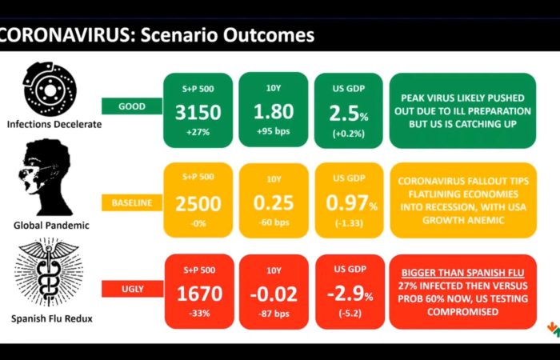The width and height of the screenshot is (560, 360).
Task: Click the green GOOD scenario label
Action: click(x=132, y=106)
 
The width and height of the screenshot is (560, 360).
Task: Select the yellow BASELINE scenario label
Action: click(x=132, y=202)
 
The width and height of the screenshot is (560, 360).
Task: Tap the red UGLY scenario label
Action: click(x=133, y=289)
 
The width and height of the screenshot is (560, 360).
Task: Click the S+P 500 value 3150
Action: click(x=198, y=112)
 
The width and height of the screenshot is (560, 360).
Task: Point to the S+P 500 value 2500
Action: click(x=198, y=203)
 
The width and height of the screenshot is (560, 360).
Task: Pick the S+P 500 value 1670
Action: click(x=199, y=294)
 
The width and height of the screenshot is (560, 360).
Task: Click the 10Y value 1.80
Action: click(x=274, y=111)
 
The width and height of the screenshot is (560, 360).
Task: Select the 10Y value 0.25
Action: click(x=274, y=202)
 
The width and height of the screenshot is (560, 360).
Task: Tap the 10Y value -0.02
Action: click(x=274, y=294)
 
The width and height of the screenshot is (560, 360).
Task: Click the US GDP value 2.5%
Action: click(x=349, y=114)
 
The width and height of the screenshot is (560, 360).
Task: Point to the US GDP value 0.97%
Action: click(x=351, y=203)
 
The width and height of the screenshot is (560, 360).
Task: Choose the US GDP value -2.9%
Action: click(x=350, y=294)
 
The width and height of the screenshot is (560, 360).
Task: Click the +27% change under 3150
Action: click(x=198, y=132)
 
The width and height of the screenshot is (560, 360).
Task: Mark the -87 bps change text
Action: click(x=274, y=314)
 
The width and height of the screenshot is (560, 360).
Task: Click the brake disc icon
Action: click(x=50, y=89)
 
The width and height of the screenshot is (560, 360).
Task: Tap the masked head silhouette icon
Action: click(x=48, y=178)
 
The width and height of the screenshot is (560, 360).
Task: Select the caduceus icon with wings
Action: click(x=48, y=272)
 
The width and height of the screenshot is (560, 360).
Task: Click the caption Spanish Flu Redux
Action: click(x=52, y=318)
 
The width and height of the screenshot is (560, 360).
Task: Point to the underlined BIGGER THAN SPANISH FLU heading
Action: click(x=463, y=273)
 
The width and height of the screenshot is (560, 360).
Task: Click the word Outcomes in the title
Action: click(x=269, y=35)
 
